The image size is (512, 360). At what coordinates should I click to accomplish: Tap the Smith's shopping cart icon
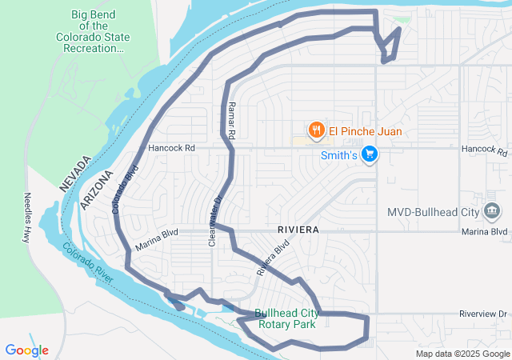[369, 154]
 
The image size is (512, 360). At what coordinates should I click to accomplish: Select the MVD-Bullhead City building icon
[493, 212]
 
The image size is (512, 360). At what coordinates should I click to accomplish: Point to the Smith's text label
[338, 155]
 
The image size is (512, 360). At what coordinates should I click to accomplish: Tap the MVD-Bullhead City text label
[433, 213]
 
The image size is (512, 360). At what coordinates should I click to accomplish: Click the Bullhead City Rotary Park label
[285, 318]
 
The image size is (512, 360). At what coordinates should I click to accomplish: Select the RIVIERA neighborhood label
[298, 230]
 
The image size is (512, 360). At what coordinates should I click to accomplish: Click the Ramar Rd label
[230, 122]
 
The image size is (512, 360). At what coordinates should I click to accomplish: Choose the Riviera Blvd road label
[272, 260]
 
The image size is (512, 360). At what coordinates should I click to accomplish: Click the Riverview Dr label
[484, 314]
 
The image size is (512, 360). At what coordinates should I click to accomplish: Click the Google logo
[26, 350]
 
